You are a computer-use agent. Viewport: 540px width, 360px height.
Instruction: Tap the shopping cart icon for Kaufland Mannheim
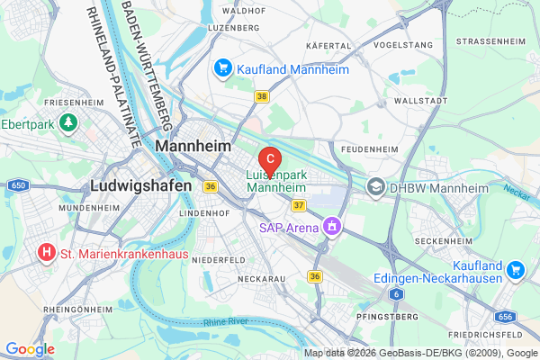tap(222, 67)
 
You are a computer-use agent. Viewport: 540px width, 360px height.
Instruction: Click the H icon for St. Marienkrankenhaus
tap(46, 254)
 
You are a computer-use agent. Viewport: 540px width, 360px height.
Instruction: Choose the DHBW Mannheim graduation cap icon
tap(376, 187)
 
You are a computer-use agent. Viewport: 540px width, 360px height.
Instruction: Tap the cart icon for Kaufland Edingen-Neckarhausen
tap(515, 268)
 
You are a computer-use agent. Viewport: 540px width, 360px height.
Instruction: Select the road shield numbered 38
tap(262, 95)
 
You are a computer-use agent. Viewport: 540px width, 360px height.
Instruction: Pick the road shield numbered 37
tap(300, 205)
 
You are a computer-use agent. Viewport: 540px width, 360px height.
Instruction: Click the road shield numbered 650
tap(18, 184)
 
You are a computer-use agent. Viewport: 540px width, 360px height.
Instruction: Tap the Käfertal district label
tap(328, 44)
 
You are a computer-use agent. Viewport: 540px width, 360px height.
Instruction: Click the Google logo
tap(30, 348)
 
